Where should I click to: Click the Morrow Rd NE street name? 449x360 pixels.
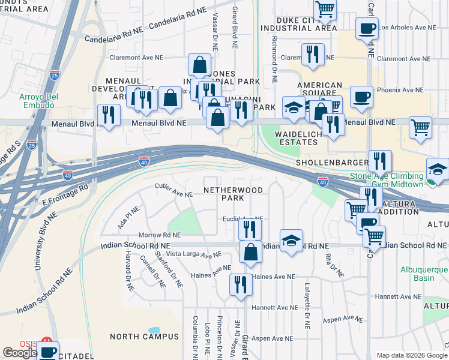(x=159, y=235)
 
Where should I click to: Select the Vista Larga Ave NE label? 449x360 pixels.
(x=194, y=255)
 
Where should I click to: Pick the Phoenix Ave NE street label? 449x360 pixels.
(x=400, y=90)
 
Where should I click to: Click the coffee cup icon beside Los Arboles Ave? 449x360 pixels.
(x=367, y=28)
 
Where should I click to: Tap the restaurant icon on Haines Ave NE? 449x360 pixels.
(x=241, y=285)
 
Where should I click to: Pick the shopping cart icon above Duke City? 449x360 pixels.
(x=325, y=8)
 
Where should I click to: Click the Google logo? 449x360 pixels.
(x=20, y=353)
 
